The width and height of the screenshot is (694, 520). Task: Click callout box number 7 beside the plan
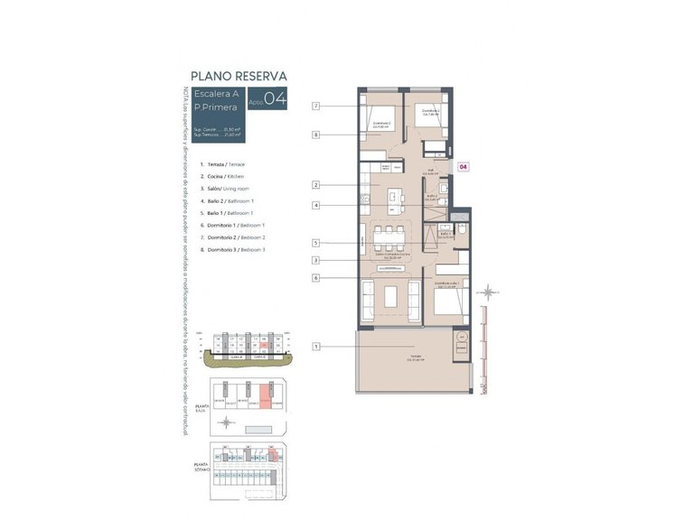(316, 107)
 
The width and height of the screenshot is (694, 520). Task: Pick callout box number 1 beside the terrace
(316, 346)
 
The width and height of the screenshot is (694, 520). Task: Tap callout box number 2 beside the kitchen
(316, 185)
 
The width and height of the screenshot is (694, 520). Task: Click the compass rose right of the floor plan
(489, 292)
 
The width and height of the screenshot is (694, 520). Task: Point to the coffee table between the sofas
(389, 296)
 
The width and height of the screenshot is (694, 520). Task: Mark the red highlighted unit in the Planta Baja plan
(265, 397)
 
